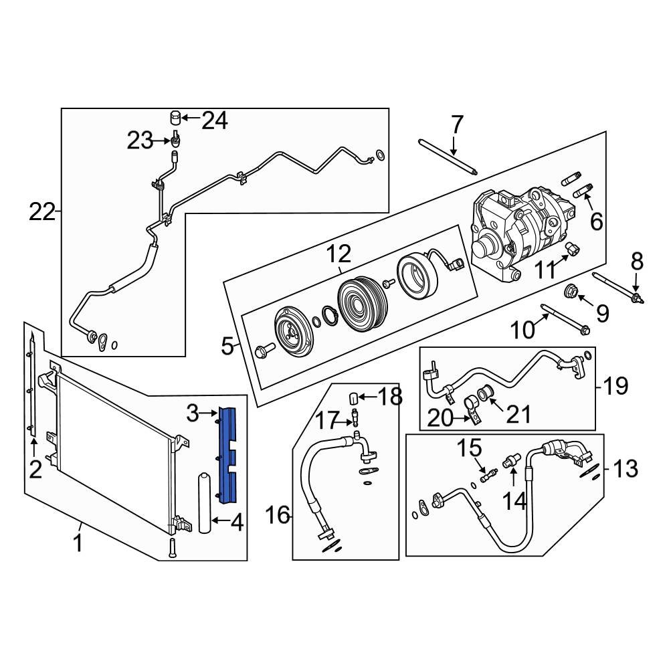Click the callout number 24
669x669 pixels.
click(215, 120)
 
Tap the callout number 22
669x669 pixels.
click(42, 212)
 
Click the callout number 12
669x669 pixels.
click(339, 254)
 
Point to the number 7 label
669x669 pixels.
click(456, 124)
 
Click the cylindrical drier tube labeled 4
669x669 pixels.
click(205, 503)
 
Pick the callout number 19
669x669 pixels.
click(615, 385)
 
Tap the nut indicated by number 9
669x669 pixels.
click(572, 291)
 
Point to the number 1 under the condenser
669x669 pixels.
click(78, 543)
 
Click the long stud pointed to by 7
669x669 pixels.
click(446, 155)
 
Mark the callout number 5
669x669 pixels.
click(228, 347)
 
